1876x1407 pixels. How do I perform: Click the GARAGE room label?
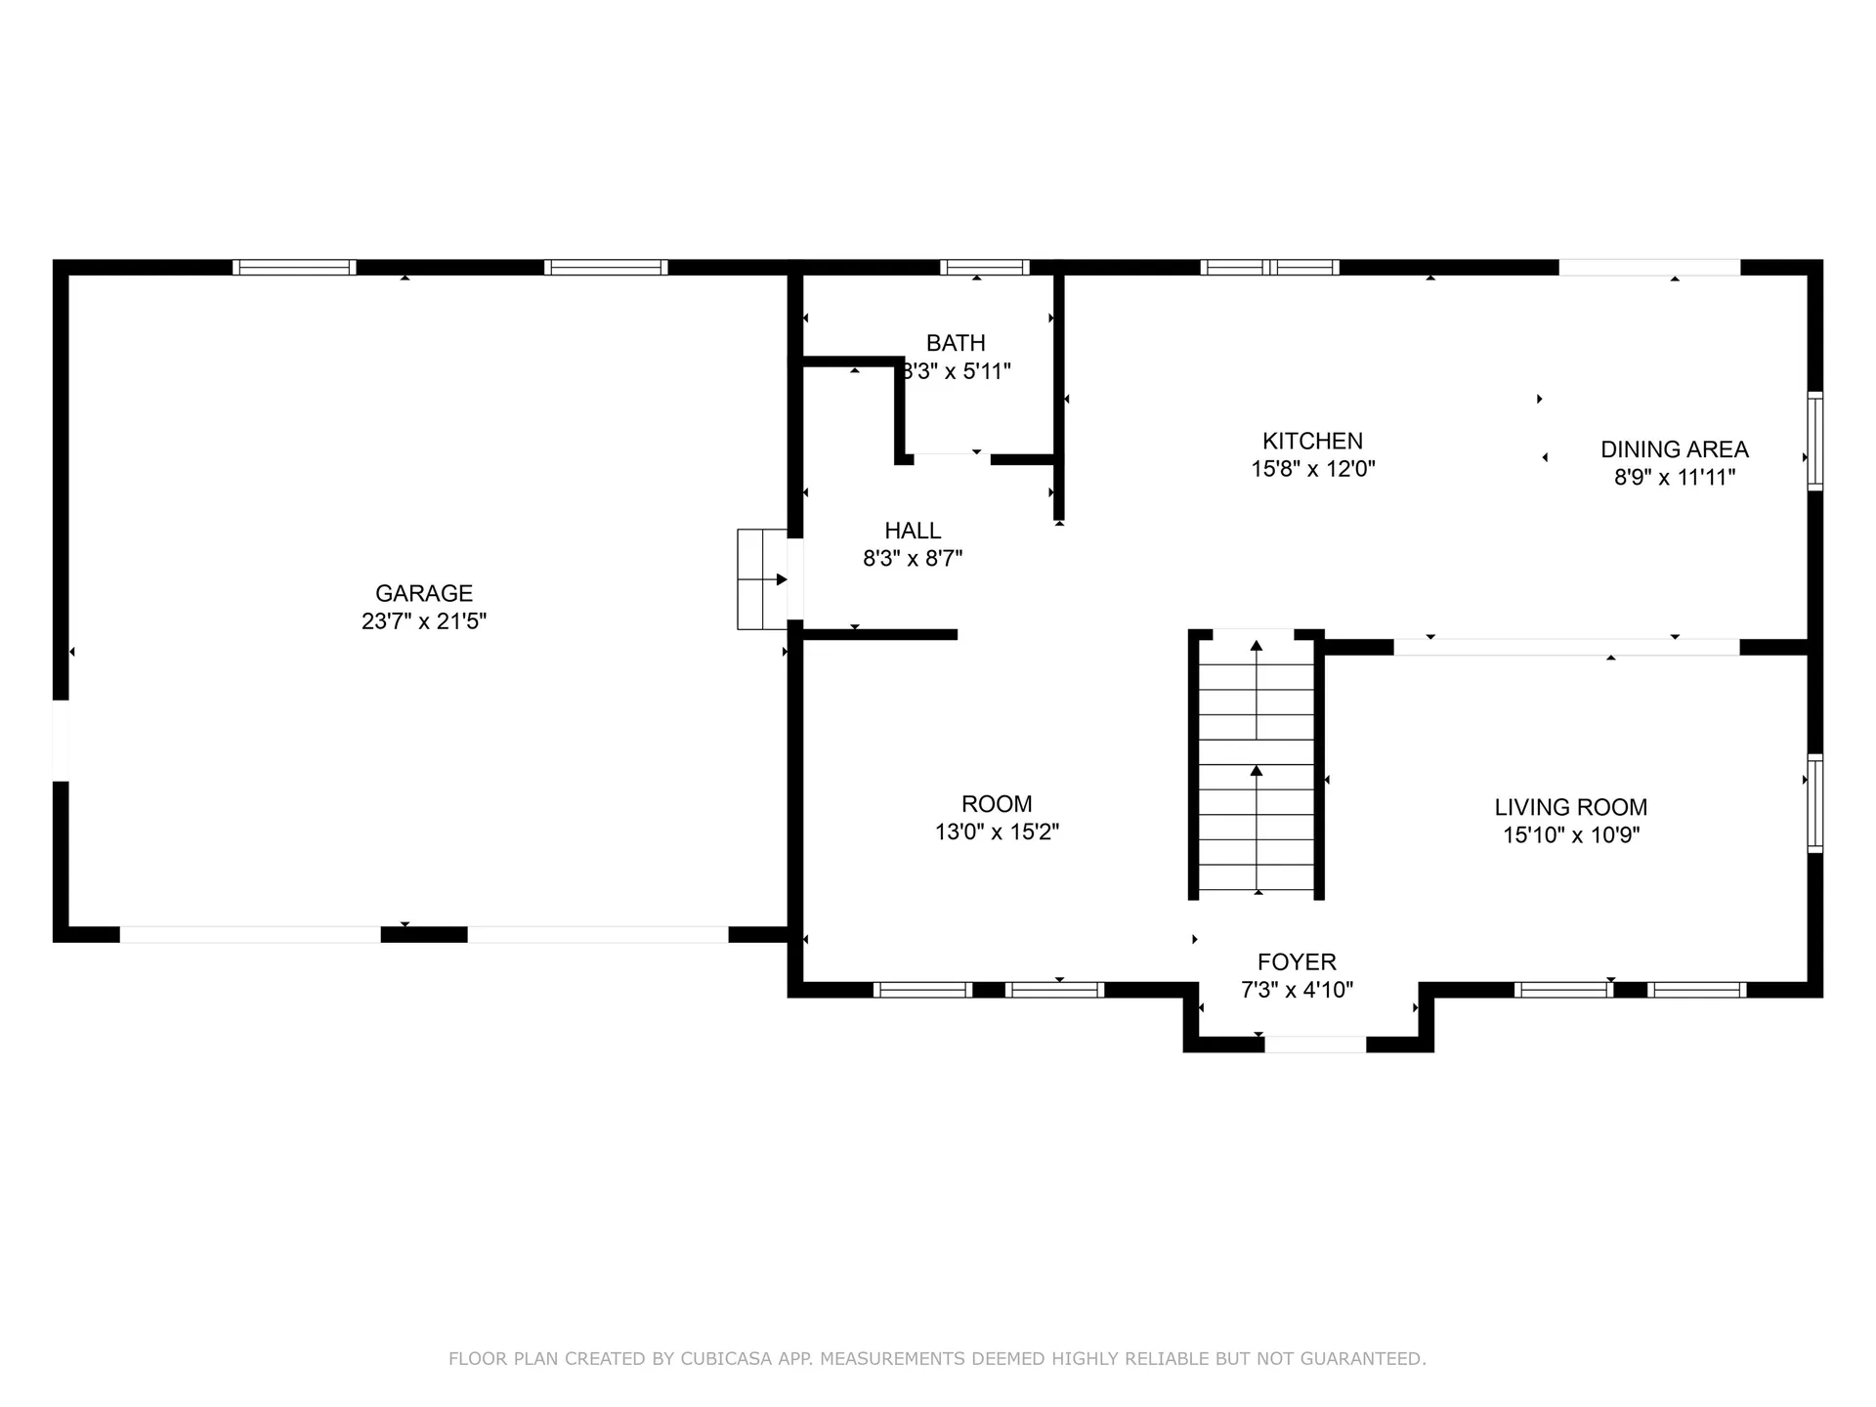423,593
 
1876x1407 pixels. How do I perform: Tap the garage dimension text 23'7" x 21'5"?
423,621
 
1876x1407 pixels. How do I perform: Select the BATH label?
956,343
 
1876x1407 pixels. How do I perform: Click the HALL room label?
913,531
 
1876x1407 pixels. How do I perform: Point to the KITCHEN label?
1312,441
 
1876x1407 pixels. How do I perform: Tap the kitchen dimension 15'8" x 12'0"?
1312,469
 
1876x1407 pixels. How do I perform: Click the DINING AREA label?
1674,449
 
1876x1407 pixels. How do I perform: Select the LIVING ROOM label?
1570,807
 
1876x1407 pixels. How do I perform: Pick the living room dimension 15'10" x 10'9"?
1570,835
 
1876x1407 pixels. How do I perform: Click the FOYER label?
1297,961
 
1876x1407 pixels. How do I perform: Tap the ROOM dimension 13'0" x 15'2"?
997,832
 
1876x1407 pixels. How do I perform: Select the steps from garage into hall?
762,579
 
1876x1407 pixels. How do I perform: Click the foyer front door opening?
1315,1045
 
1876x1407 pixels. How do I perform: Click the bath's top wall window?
984,267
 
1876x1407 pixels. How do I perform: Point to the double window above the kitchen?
1268,267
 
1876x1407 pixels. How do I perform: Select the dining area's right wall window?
1814,441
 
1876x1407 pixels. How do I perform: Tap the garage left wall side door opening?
61,741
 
